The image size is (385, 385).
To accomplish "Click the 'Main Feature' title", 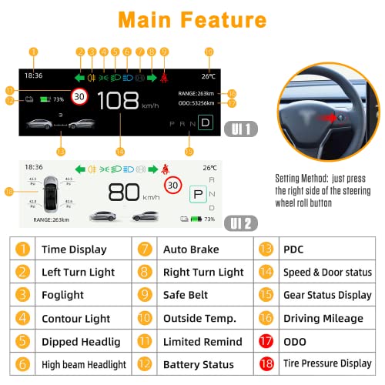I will (192, 19).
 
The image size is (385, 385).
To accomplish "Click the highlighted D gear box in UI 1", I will (205, 122).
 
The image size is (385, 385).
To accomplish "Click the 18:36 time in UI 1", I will (33, 76).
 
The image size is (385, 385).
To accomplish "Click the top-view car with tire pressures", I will (52, 192).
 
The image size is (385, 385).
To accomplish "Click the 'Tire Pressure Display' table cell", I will (327, 363).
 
